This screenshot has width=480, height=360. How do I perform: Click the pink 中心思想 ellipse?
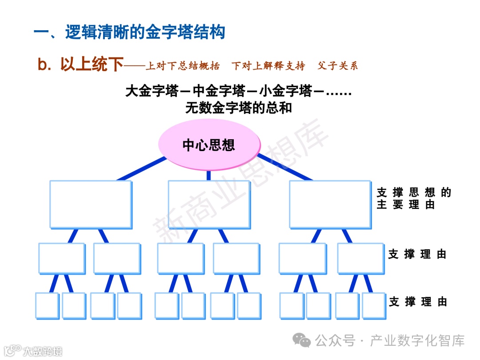209,145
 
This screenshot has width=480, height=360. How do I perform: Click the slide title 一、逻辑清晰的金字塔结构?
130,32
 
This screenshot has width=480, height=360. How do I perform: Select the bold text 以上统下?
92,65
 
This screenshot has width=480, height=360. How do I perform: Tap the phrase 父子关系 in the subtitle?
338,66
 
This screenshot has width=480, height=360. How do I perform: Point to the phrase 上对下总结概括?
183,66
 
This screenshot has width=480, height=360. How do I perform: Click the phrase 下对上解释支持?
268,66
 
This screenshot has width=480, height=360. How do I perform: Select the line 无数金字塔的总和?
239,108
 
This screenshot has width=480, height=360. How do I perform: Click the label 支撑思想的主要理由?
413,198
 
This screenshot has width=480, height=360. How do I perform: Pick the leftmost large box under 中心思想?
91,204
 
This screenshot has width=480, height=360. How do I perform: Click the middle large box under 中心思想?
209,204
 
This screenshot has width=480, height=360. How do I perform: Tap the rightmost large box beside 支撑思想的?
330,204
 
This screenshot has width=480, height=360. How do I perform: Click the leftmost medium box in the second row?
62,258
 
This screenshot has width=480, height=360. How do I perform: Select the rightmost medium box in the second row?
360,258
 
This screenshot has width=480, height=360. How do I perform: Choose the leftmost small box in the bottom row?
47,305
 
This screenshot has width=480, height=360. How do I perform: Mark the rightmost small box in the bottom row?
373,305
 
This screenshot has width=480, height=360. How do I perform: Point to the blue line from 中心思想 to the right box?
284,167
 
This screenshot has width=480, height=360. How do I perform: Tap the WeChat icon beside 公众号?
304,340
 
